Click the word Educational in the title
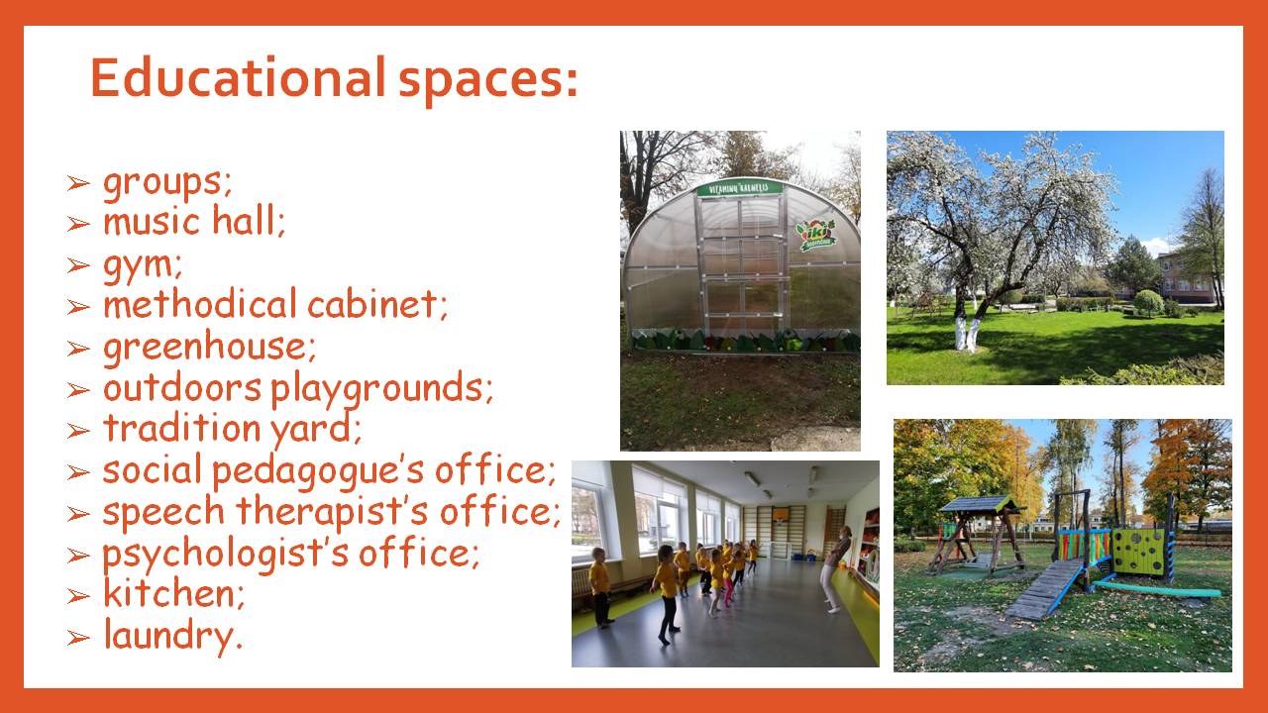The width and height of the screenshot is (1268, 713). (x=239, y=77)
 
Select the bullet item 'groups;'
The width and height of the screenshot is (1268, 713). (x=167, y=184)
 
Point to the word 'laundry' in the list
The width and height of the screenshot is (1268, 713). (x=168, y=636)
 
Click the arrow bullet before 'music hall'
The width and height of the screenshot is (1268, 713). (x=78, y=224)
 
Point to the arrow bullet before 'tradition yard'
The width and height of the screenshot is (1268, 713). (x=78, y=431)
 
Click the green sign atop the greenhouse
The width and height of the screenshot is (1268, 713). (x=739, y=188)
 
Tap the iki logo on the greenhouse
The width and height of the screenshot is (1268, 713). (x=815, y=235)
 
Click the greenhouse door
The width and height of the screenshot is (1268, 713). (x=742, y=264)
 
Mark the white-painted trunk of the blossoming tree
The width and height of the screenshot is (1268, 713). (x=966, y=331)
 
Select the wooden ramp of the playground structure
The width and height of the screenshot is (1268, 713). (x=1043, y=588)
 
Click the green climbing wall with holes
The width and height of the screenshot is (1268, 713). (x=1139, y=551)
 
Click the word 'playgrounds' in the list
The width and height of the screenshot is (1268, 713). (x=376, y=389)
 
